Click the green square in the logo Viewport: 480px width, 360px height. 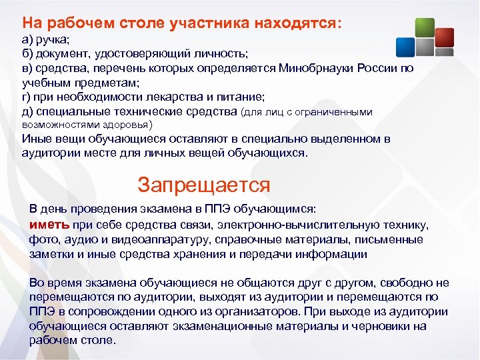(425, 27)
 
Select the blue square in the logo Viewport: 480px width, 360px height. (406, 47)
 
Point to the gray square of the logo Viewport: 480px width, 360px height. (426, 47)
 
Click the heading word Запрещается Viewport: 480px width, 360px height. (203, 184)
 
